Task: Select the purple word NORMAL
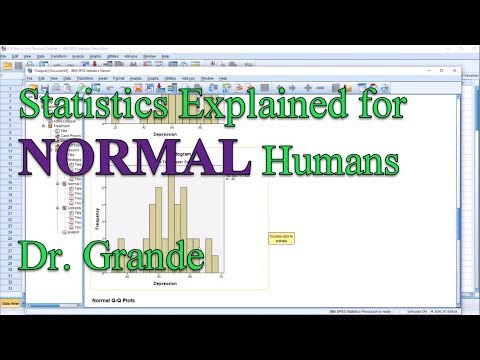pyautogui.click(x=177, y=160)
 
